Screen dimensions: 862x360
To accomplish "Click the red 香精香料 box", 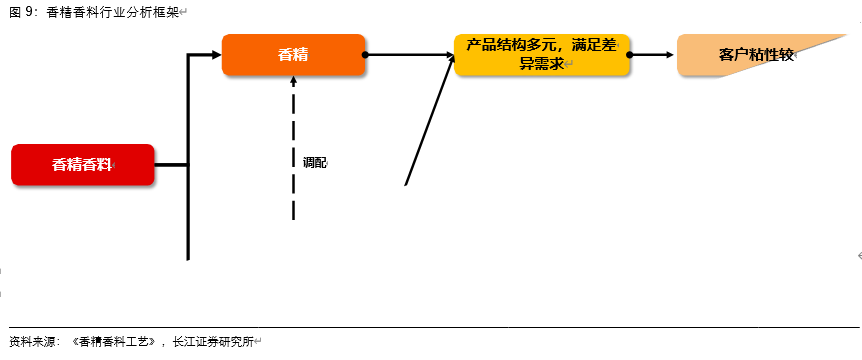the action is (x=83, y=165).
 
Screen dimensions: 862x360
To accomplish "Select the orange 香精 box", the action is (x=293, y=54).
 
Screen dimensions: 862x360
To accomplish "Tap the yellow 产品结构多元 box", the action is (x=542, y=55).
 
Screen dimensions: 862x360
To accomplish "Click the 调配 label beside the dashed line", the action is (x=314, y=162).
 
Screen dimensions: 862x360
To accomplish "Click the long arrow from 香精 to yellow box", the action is (x=410, y=55).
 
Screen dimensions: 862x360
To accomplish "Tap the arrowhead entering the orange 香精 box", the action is (x=214, y=55).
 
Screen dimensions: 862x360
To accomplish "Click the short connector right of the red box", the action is (x=171, y=165).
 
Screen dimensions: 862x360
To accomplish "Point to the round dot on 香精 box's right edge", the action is (x=365, y=55).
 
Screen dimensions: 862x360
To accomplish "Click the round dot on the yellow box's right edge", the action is (x=630, y=55).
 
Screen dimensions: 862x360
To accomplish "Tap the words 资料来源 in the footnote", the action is (x=33, y=341).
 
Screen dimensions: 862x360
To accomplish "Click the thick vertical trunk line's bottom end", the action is (x=188, y=257).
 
